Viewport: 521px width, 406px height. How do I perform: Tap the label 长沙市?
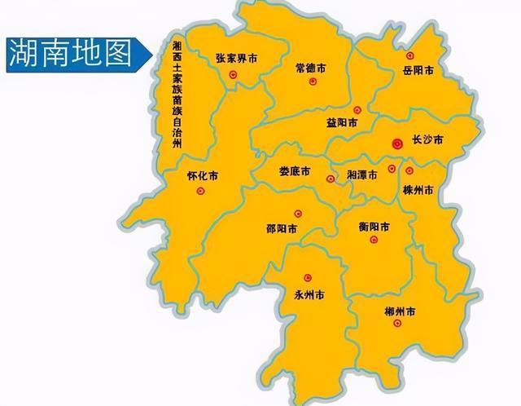tap(427, 140)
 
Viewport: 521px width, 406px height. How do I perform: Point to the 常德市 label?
tap(310, 68)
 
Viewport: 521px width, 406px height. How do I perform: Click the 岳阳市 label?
tap(418, 71)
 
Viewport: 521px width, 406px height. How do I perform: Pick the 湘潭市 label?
tap(361, 175)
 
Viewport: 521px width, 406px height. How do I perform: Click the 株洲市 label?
tap(418, 189)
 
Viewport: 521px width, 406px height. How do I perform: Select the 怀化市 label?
tap(202, 175)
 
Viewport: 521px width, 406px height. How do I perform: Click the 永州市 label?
tap(309, 295)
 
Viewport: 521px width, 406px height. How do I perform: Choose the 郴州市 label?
tap(400, 311)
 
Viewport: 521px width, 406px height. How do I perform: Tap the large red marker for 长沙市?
tap(397, 143)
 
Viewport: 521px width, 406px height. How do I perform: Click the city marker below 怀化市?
tap(201, 192)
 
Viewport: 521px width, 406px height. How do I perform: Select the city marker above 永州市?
tap(308, 278)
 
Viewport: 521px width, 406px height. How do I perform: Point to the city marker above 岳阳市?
tap(409, 55)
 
